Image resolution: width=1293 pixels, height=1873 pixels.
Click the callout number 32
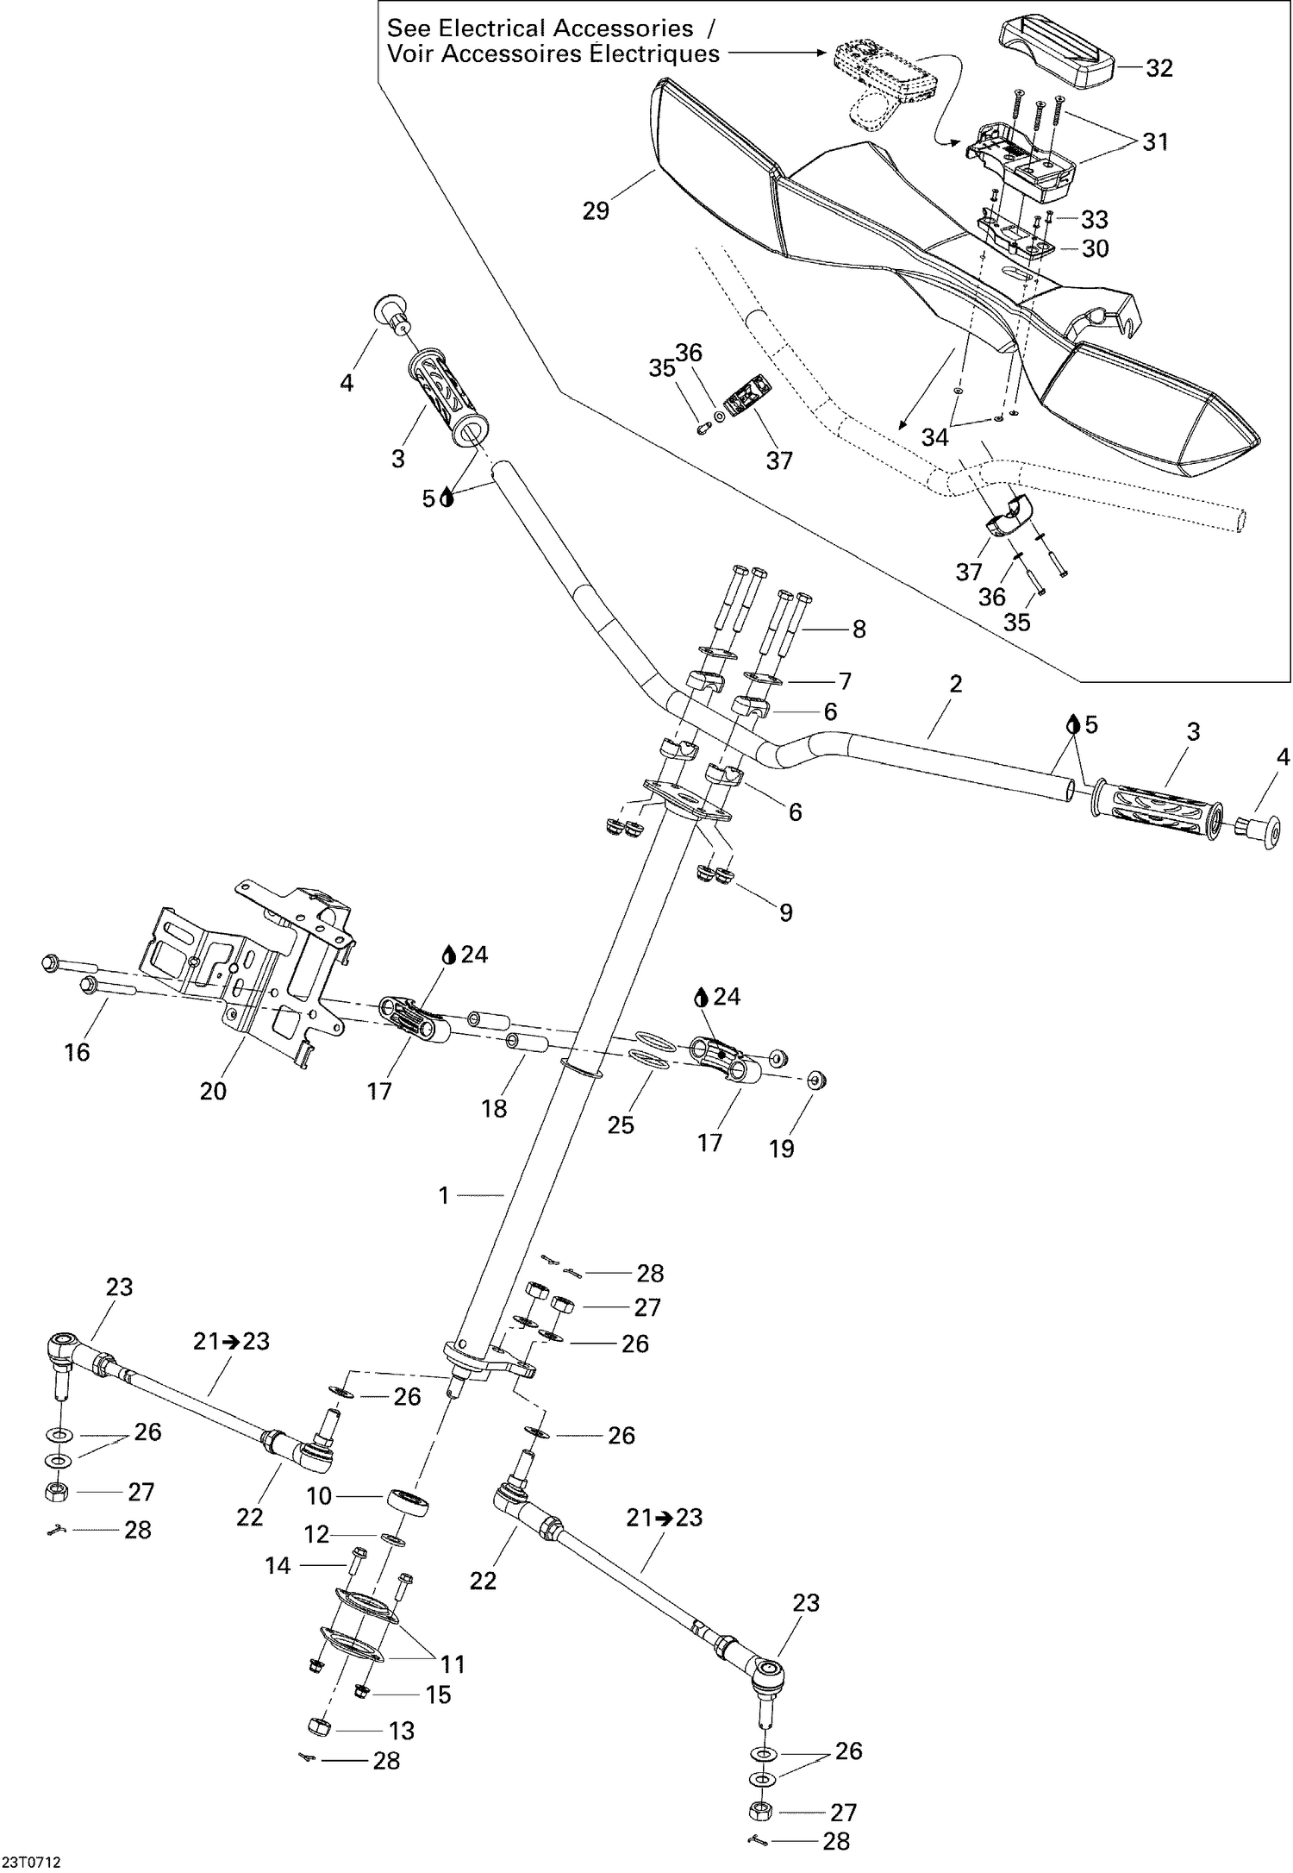pos(1159,68)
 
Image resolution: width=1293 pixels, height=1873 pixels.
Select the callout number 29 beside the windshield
pos(596,210)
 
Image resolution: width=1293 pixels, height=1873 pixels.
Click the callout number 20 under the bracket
pos(213,1091)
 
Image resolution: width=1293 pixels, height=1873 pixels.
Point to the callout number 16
pos(78,1051)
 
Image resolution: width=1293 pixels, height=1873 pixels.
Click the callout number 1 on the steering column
pos(444,1195)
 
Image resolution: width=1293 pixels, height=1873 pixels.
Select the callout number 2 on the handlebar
pos(955,684)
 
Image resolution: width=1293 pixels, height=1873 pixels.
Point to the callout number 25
pos(621,1124)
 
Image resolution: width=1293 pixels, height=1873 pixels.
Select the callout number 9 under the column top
pos(785,912)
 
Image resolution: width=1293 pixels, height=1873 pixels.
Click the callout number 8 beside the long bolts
pos(859,629)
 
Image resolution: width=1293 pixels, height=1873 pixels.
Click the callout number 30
pos(1095,248)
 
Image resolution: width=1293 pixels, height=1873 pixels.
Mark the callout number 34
pos(934,438)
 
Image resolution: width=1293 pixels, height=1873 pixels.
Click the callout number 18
pos(494,1108)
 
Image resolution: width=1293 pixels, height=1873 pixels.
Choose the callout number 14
pos(278,1565)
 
